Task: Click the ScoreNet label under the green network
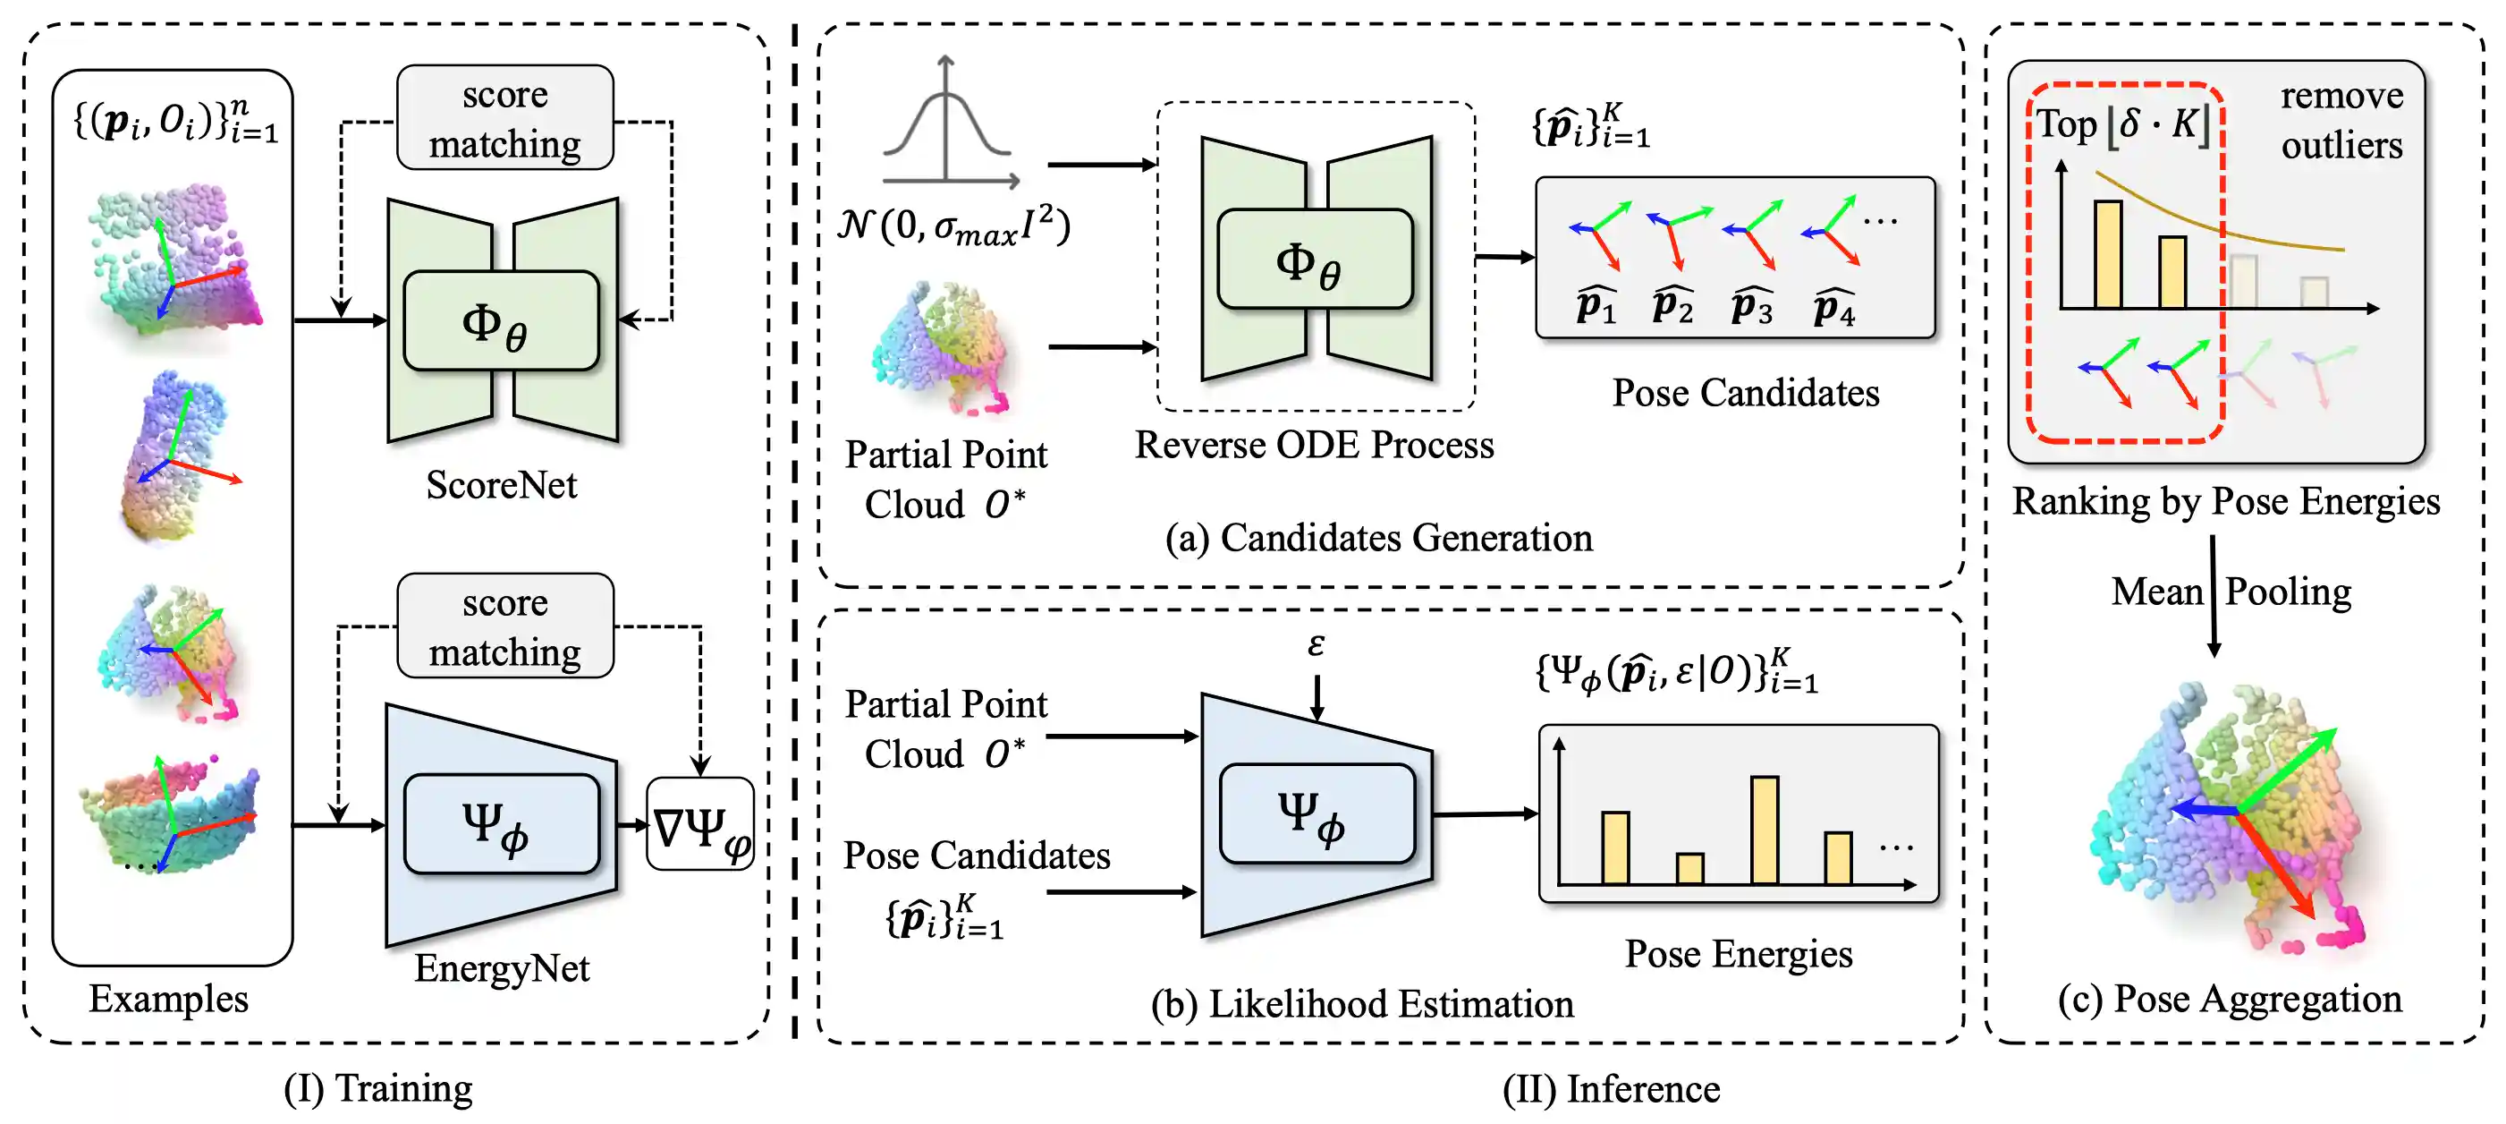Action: tap(501, 485)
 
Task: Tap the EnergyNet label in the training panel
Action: tap(501, 967)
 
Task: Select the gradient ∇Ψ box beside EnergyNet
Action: tap(699, 824)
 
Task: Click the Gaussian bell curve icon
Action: tap(946, 126)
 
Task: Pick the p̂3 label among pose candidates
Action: tap(1751, 307)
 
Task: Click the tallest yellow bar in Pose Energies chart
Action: tap(1764, 830)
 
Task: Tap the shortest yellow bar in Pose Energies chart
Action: tap(1689, 867)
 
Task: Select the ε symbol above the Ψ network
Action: tap(1316, 644)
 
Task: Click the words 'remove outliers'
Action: tap(2341, 121)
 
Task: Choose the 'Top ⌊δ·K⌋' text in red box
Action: tap(2121, 124)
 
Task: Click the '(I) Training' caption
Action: tap(377, 1087)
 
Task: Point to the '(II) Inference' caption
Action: tap(1610, 1088)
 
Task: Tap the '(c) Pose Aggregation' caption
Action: tap(2230, 999)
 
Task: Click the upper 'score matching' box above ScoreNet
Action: tap(505, 119)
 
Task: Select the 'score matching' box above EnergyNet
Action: tap(505, 626)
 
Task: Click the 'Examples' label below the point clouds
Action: tap(168, 999)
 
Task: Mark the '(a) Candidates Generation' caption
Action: tap(1378, 537)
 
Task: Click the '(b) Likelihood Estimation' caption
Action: tap(1362, 1003)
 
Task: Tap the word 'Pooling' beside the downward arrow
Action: tap(2288, 592)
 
